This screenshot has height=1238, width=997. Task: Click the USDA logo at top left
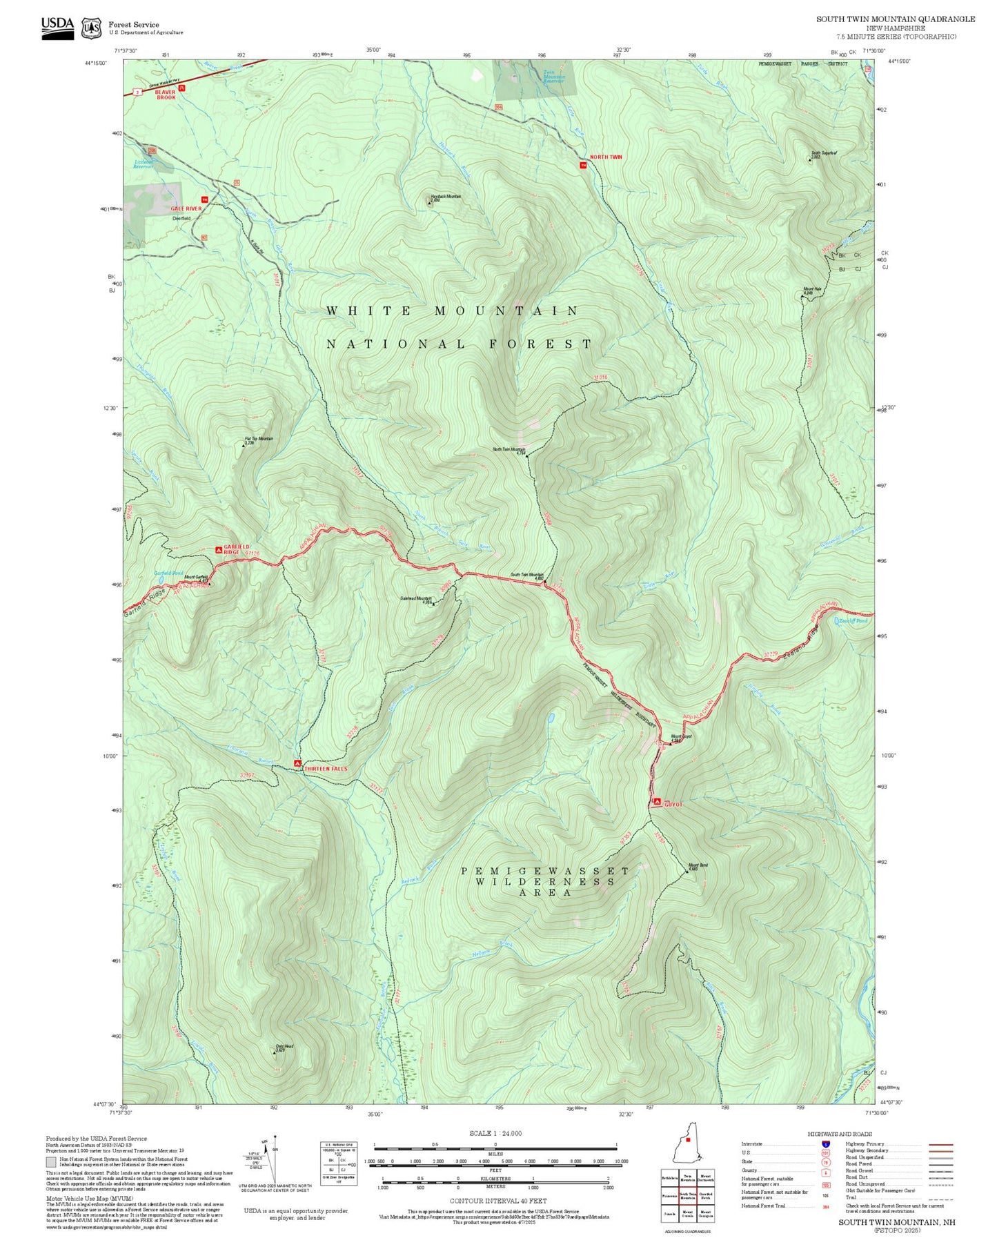57,28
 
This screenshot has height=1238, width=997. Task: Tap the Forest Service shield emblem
91,28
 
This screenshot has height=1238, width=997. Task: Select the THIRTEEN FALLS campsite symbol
297,763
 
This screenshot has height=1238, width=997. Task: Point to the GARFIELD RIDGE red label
236,550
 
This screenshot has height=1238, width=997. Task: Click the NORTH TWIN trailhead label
606,157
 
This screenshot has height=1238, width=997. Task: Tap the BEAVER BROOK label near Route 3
166,95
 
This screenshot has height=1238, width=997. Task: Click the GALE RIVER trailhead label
186,208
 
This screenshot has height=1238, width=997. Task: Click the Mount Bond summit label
698,867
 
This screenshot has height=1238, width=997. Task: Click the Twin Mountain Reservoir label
553,77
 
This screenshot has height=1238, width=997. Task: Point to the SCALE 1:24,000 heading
495,1133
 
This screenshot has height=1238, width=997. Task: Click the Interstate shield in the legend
825,1143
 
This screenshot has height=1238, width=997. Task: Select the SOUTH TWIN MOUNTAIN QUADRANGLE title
895,19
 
